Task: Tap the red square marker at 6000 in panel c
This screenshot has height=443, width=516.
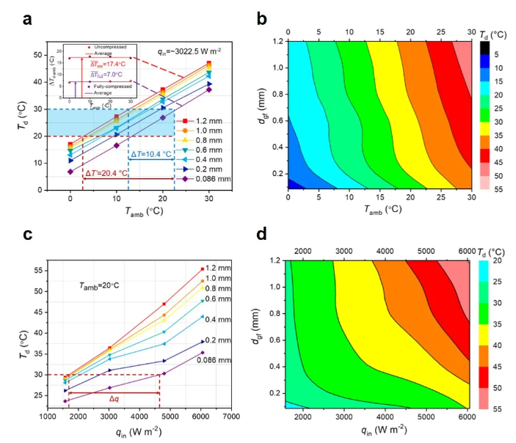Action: pos(203,269)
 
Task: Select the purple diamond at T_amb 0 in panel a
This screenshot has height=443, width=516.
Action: pos(70,172)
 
